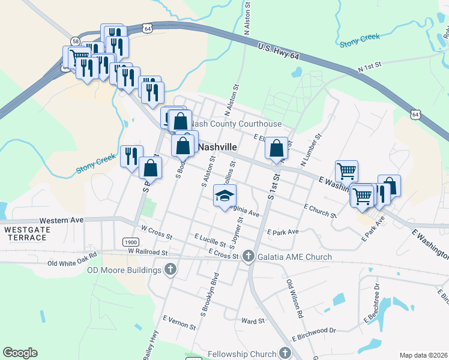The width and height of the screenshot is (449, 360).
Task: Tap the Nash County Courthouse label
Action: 238,124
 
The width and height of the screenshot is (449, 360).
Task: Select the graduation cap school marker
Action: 225,196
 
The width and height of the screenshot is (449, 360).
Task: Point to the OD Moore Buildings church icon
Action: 170,269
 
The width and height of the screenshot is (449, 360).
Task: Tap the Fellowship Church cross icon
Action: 285,353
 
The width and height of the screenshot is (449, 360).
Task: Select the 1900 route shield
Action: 130,242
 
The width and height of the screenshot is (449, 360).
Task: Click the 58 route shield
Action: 75,41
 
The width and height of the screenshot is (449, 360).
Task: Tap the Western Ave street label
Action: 61,220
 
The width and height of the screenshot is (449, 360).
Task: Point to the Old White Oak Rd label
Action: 72,263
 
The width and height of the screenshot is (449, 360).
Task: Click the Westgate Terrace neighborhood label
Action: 25,233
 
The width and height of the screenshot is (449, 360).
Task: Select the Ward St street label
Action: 253,322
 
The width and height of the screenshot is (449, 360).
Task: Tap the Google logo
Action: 20,353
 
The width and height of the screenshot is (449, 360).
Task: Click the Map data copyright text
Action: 424,355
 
